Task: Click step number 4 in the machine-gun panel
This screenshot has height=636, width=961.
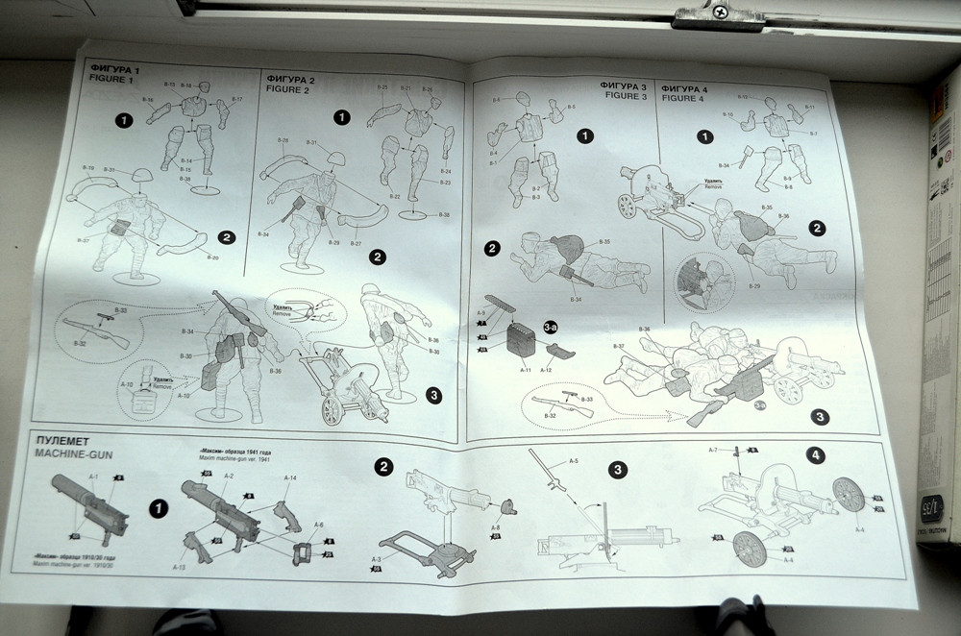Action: pyautogui.click(x=815, y=455)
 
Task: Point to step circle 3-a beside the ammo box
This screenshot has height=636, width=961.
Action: pyautogui.click(x=551, y=328)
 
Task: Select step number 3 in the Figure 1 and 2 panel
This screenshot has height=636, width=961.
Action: pyautogui.click(x=432, y=394)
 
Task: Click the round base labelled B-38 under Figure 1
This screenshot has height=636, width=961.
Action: pyautogui.click(x=205, y=189)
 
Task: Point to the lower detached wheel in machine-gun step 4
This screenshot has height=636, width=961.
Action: pyautogui.click(x=750, y=550)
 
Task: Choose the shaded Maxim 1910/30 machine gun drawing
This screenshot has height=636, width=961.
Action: pyautogui.click(x=92, y=504)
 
